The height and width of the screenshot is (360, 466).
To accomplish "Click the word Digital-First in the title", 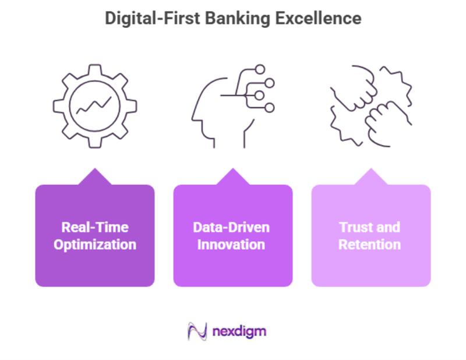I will click(152, 18).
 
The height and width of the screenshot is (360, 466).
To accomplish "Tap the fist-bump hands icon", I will click(371, 105).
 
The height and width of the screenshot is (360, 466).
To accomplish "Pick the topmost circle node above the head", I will click(260, 69).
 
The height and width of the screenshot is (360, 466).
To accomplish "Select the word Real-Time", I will click(95, 227).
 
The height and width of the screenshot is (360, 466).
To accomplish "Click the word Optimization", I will click(95, 244).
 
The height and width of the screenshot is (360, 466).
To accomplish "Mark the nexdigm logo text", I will click(239, 331).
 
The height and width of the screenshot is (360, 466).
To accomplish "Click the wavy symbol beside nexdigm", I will click(197, 331).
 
